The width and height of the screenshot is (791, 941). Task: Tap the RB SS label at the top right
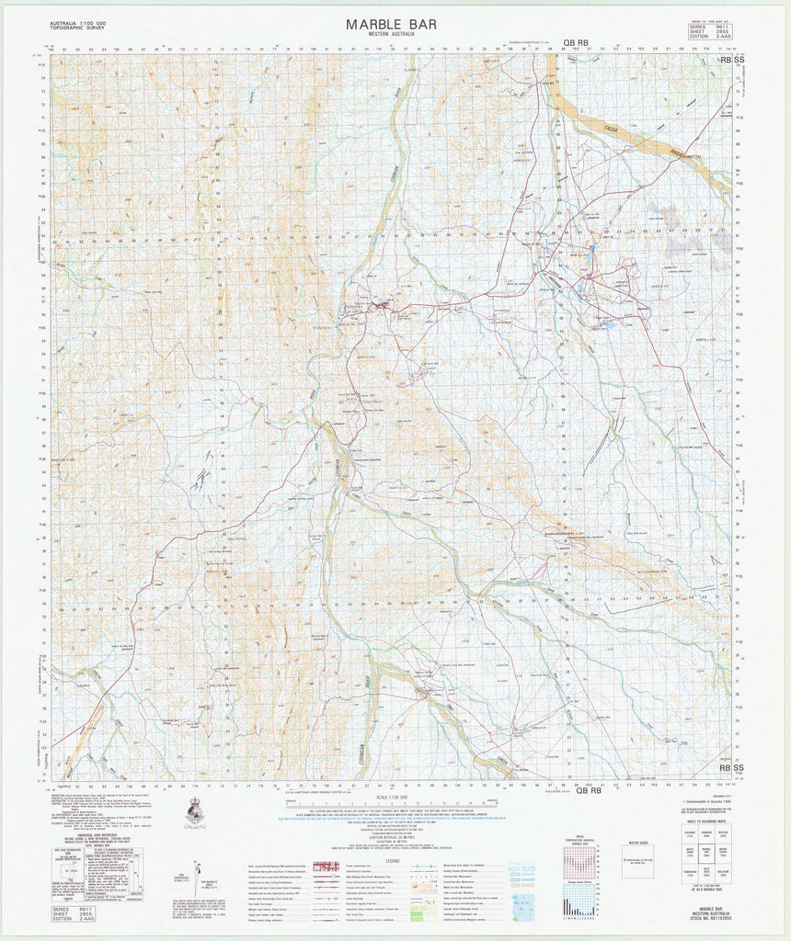[732, 59]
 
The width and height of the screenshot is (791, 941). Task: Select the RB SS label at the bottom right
[732, 767]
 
